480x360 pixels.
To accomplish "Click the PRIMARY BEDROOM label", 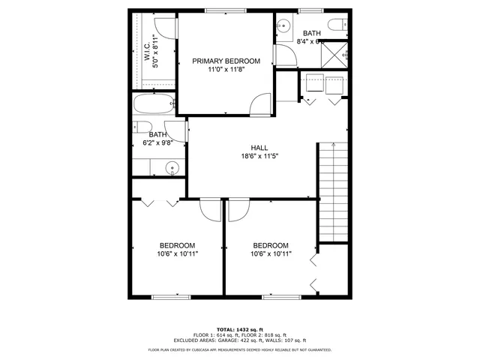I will click(226, 61).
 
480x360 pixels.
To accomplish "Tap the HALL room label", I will click(259, 148).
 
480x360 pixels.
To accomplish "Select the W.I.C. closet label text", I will click(148, 55).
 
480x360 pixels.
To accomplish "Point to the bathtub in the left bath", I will click(154, 104).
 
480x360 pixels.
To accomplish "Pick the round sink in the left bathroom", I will click(172, 167).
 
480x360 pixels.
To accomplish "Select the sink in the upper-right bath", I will click(283, 25).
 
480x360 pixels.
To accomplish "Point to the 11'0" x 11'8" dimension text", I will click(226, 70).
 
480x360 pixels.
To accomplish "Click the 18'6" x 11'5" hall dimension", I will click(259, 157).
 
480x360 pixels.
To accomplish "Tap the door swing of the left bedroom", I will click(210, 210).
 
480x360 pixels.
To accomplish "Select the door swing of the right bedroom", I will click(238, 210).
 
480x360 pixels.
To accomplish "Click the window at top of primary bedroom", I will click(217, 10).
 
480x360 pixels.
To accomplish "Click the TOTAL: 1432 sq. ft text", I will click(239, 329).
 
